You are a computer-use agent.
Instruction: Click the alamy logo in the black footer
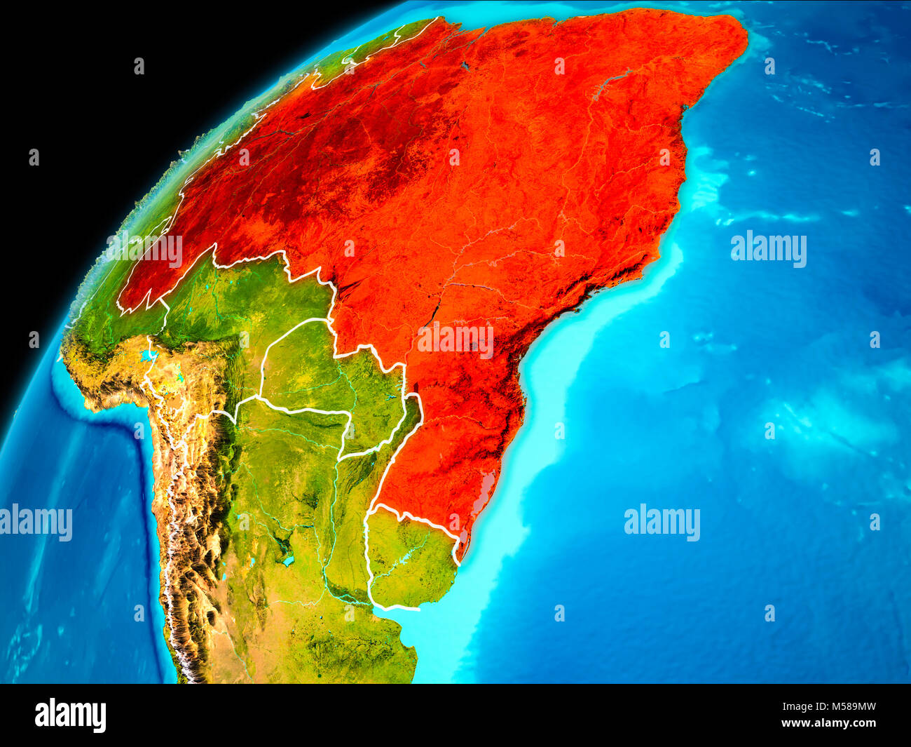click(70, 715)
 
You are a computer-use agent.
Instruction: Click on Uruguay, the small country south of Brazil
click(410, 561)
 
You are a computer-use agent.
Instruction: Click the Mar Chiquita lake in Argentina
click(287, 561)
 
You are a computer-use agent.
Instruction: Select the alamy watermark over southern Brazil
click(455, 340)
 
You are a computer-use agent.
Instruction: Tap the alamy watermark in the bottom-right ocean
click(662, 523)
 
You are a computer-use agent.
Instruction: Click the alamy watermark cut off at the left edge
click(35, 523)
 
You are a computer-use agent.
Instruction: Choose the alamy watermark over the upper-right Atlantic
click(768, 249)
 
